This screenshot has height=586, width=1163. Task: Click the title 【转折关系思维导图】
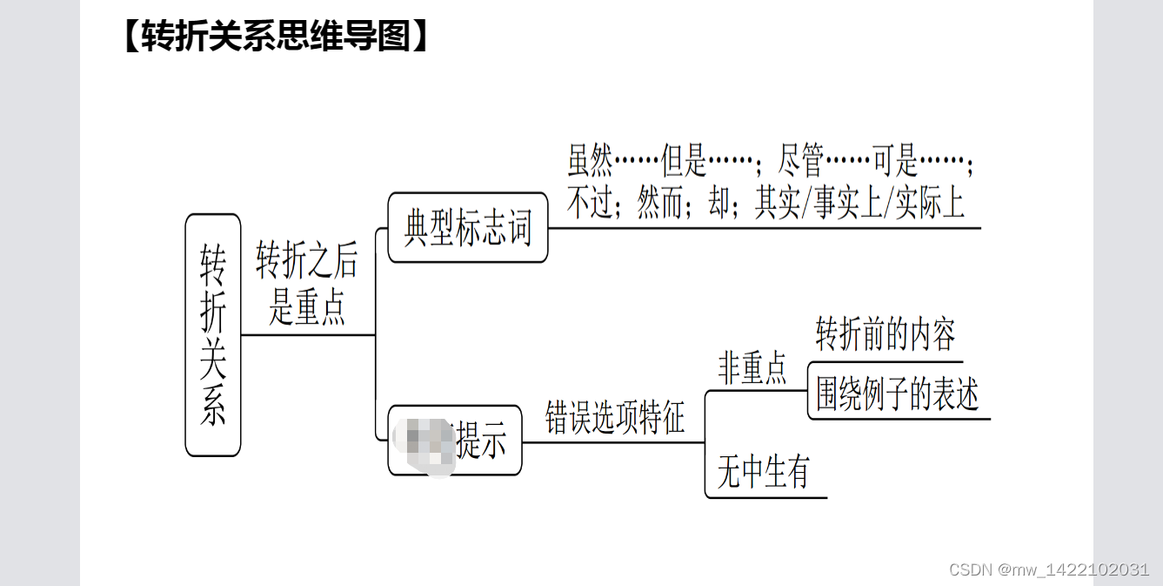277,37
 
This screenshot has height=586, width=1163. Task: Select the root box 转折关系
213,335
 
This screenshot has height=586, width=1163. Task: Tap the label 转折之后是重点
306,283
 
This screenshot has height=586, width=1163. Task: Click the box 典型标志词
468,228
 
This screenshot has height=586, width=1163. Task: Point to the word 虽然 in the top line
591,163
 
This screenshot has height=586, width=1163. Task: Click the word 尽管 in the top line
800,163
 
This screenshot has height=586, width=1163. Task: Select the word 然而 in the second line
661,204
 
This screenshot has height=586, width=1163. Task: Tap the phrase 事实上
849,204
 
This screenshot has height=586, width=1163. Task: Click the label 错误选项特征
615,417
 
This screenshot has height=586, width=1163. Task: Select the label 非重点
752,368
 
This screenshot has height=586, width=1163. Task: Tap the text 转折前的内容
886,334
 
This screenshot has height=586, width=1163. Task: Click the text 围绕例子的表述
897,395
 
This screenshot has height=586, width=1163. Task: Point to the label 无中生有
763,473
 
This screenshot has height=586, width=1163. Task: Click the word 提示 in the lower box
481,441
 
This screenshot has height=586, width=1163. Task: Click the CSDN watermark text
1049,569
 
